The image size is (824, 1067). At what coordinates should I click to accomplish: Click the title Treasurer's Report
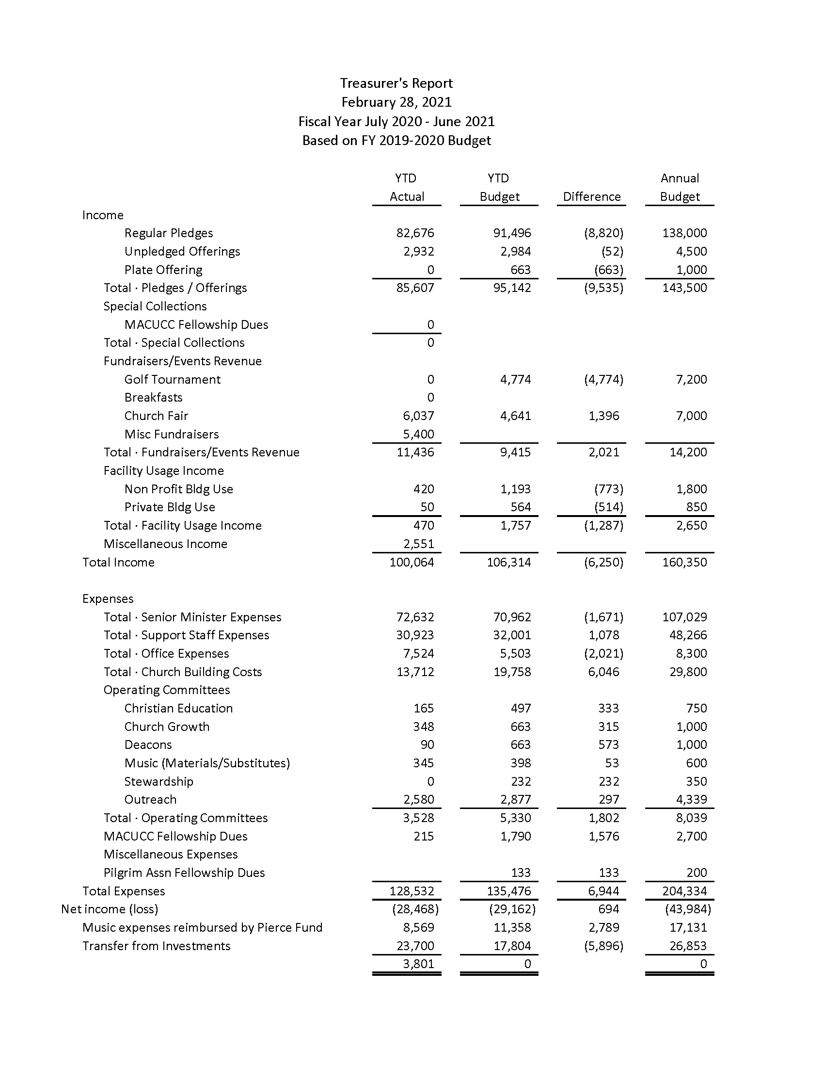[x=396, y=83]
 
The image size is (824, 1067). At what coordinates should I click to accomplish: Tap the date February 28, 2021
[x=396, y=102]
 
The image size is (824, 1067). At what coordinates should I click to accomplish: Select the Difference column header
[x=592, y=196]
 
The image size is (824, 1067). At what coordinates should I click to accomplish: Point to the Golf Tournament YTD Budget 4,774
[x=516, y=380]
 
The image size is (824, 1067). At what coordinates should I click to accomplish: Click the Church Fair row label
[x=156, y=416]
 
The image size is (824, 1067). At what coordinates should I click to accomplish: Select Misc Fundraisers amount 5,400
[x=418, y=435]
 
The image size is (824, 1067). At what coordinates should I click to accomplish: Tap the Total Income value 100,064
[x=412, y=562]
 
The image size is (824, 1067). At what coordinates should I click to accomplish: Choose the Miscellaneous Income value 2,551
[x=418, y=544]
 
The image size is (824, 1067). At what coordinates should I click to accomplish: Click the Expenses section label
[x=108, y=599]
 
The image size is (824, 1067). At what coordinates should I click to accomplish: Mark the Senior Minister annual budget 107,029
[x=684, y=617]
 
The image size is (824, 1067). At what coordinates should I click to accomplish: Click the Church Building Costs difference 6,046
[x=603, y=672]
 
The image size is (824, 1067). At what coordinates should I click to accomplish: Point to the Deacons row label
[x=148, y=745]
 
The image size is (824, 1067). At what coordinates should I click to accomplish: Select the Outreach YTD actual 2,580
[x=418, y=800]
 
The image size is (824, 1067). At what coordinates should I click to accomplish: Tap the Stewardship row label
[x=158, y=782]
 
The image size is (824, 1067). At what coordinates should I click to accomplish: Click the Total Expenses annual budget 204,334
[x=684, y=891]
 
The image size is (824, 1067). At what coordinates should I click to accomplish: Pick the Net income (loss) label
[x=110, y=909]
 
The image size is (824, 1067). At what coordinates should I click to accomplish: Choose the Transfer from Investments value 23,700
[x=415, y=946]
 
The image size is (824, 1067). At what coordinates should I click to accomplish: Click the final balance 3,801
[x=418, y=964]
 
